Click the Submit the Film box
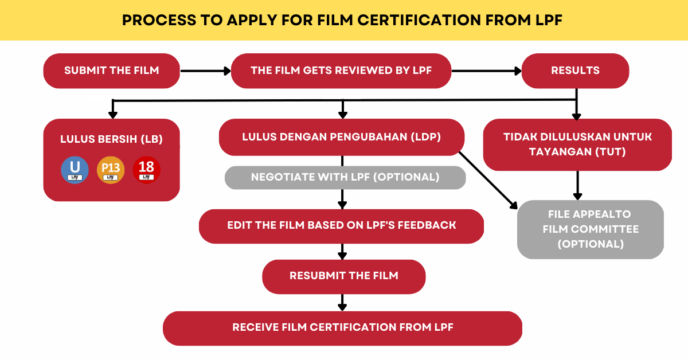point(112,71)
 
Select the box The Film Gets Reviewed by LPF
point(341,71)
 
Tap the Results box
point(575,71)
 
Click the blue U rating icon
point(75,170)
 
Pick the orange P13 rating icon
point(111,170)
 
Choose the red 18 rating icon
point(146,170)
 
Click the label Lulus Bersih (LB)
point(112,139)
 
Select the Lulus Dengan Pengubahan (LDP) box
point(341,137)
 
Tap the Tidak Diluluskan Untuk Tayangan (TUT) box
point(577,144)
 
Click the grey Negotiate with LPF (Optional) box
point(345,177)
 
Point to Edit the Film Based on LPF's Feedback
point(341,225)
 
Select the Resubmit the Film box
point(343,276)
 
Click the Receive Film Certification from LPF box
point(342,328)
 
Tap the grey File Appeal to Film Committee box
point(590,229)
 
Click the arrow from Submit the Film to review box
point(205,71)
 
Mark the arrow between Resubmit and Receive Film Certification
point(342,302)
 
